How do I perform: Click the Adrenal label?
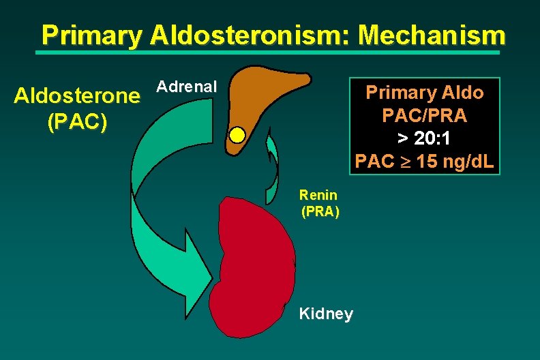pyautogui.click(x=186, y=87)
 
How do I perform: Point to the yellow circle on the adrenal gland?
pyautogui.click(x=237, y=134)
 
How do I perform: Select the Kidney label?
pyautogui.click(x=326, y=314)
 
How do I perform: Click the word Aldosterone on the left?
pyautogui.click(x=77, y=96)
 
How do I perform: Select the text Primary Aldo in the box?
pyautogui.click(x=425, y=92)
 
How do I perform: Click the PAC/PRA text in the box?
pyautogui.click(x=425, y=116)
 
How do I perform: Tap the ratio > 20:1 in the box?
pyautogui.click(x=425, y=139)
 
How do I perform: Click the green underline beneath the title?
pyautogui.click(x=269, y=52)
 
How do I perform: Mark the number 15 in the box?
pyautogui.click(x=428, y=163)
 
